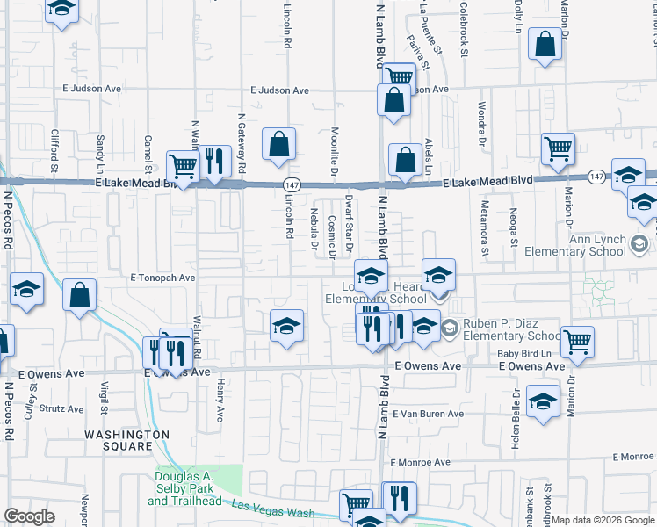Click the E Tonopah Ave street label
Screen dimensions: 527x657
point(162,277)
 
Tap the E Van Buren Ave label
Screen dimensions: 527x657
point(428,414)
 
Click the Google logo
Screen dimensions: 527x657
point(29,516)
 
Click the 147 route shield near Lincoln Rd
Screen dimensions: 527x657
point(292,184)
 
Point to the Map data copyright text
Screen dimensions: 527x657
point(603,520)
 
